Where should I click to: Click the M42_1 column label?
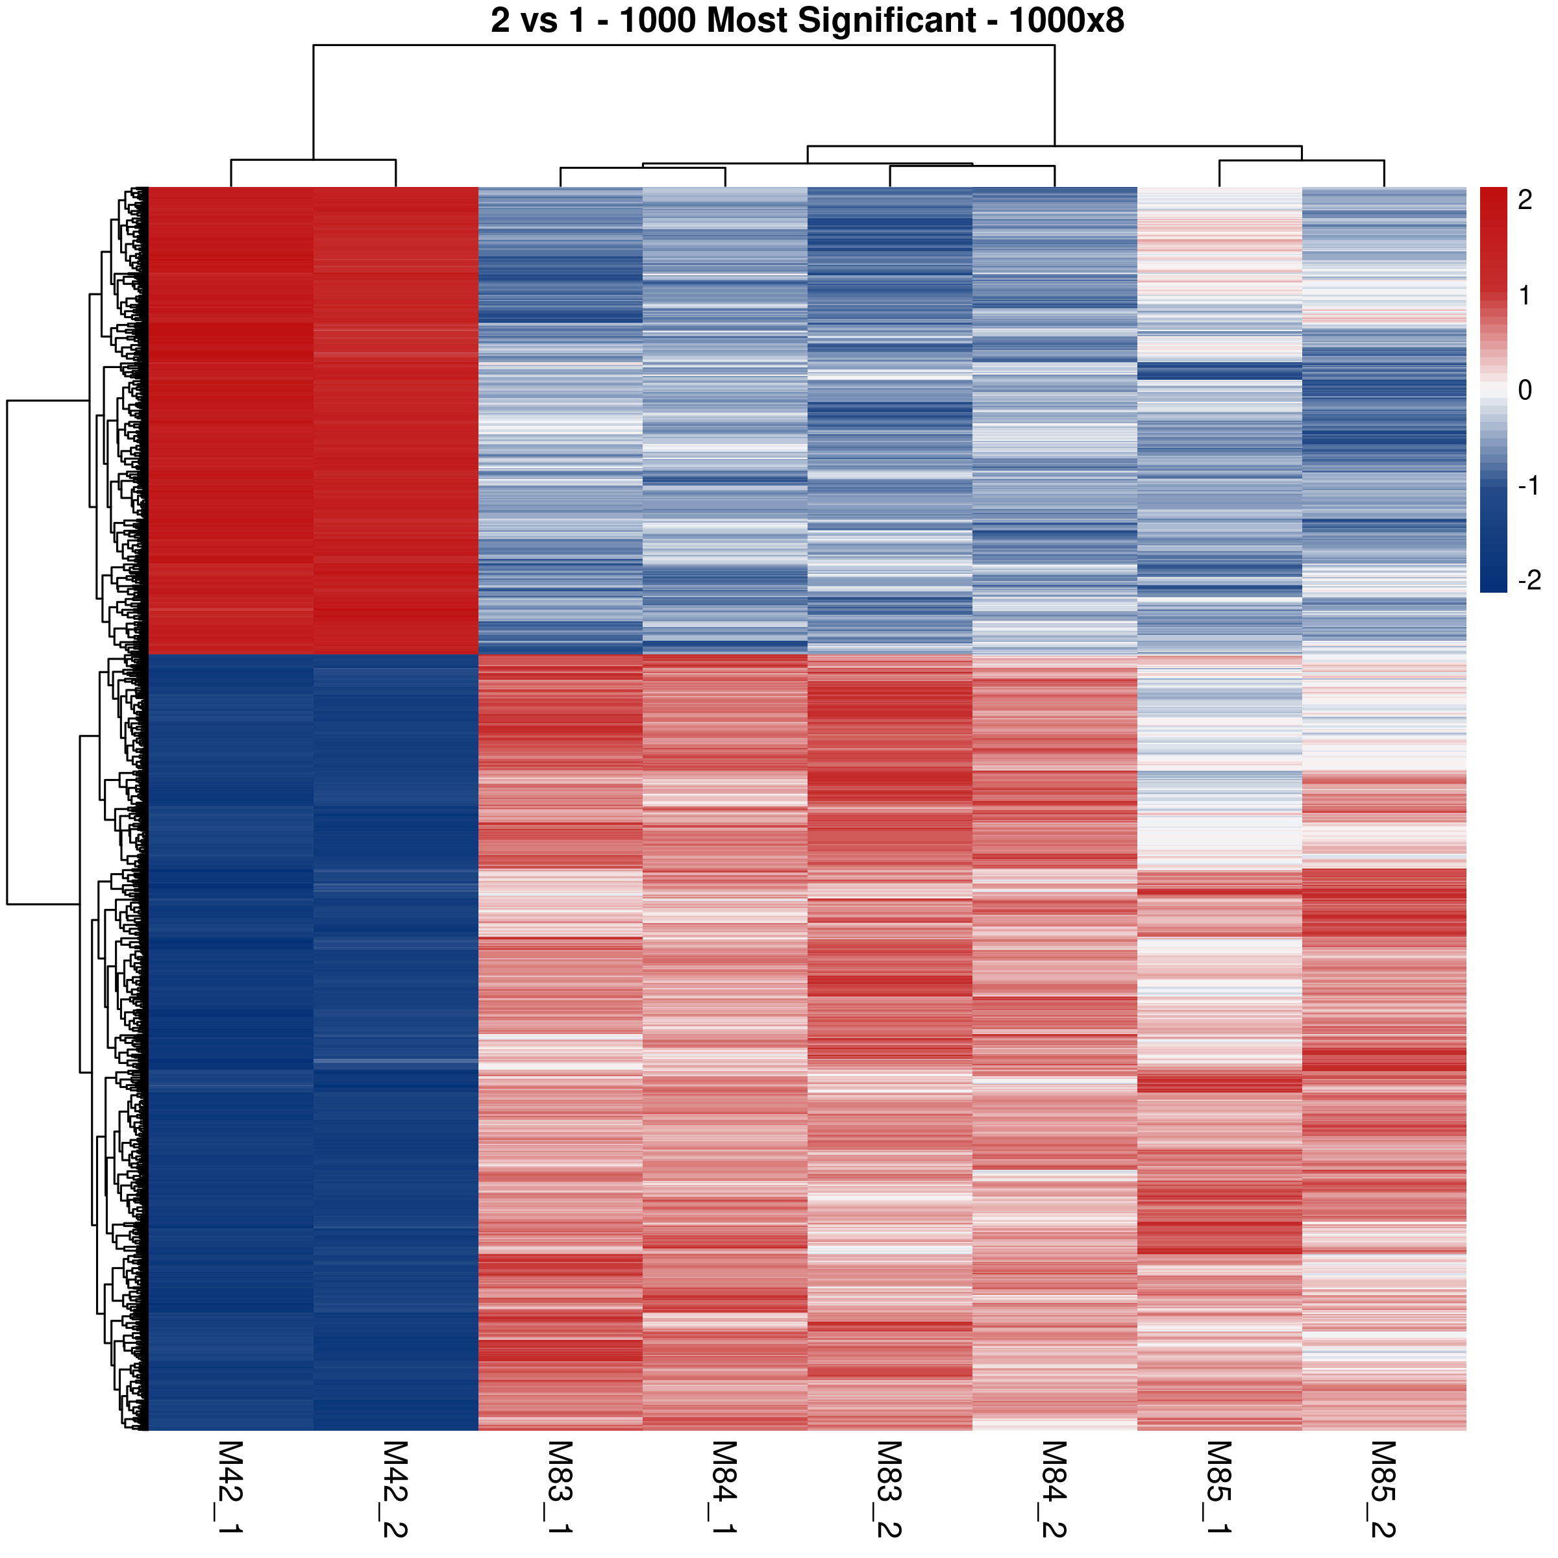(230, 1488)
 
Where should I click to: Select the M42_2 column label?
(395, 1488)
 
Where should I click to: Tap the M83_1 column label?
(560, 1488)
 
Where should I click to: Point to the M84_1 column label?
(724, 1488)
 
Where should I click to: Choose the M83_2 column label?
(889, 1488)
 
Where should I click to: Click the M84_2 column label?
(1054, 1488)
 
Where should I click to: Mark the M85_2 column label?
(1384, 1488)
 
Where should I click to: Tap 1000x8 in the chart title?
(1066, 21)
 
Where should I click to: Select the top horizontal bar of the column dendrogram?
(684, 45)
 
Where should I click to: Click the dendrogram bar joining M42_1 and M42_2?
(313, 160)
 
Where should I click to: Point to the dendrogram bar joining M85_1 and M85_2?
(1302, 161)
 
